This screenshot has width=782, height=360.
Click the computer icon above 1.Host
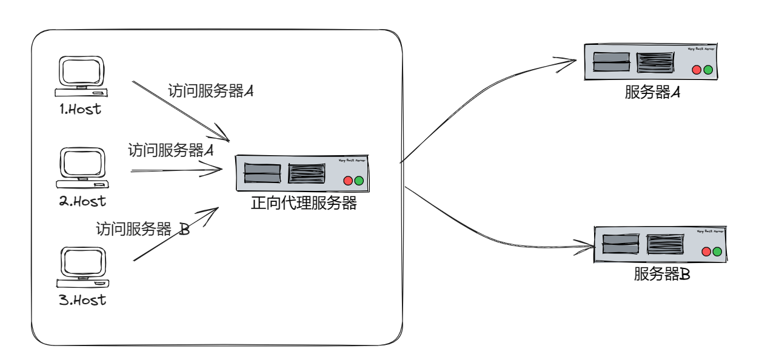[x=82, y=77]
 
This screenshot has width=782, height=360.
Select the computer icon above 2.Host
[x=84, y=167]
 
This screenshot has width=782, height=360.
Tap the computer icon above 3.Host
[x=84, y=267]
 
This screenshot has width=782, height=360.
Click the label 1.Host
[x=81, y=110]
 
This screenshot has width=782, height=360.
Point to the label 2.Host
[x=82, y=201]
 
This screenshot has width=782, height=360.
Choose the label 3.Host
[x=82, y=300]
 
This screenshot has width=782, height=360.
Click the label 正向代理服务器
[x=304, y=204]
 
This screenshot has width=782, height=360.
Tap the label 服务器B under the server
[x=661, y=275]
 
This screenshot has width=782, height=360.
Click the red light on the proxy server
[x=348, y=181]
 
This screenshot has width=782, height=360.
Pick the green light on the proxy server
[x=359, y=181]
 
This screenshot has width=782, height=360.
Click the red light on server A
[x=697, y=70]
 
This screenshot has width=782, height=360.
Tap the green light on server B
[x=718, y=252]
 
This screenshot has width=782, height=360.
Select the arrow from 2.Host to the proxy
[x=176, y=171]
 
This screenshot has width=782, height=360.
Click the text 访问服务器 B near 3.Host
[x=143, y=230]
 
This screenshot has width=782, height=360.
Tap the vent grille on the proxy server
[x=307, y=173]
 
